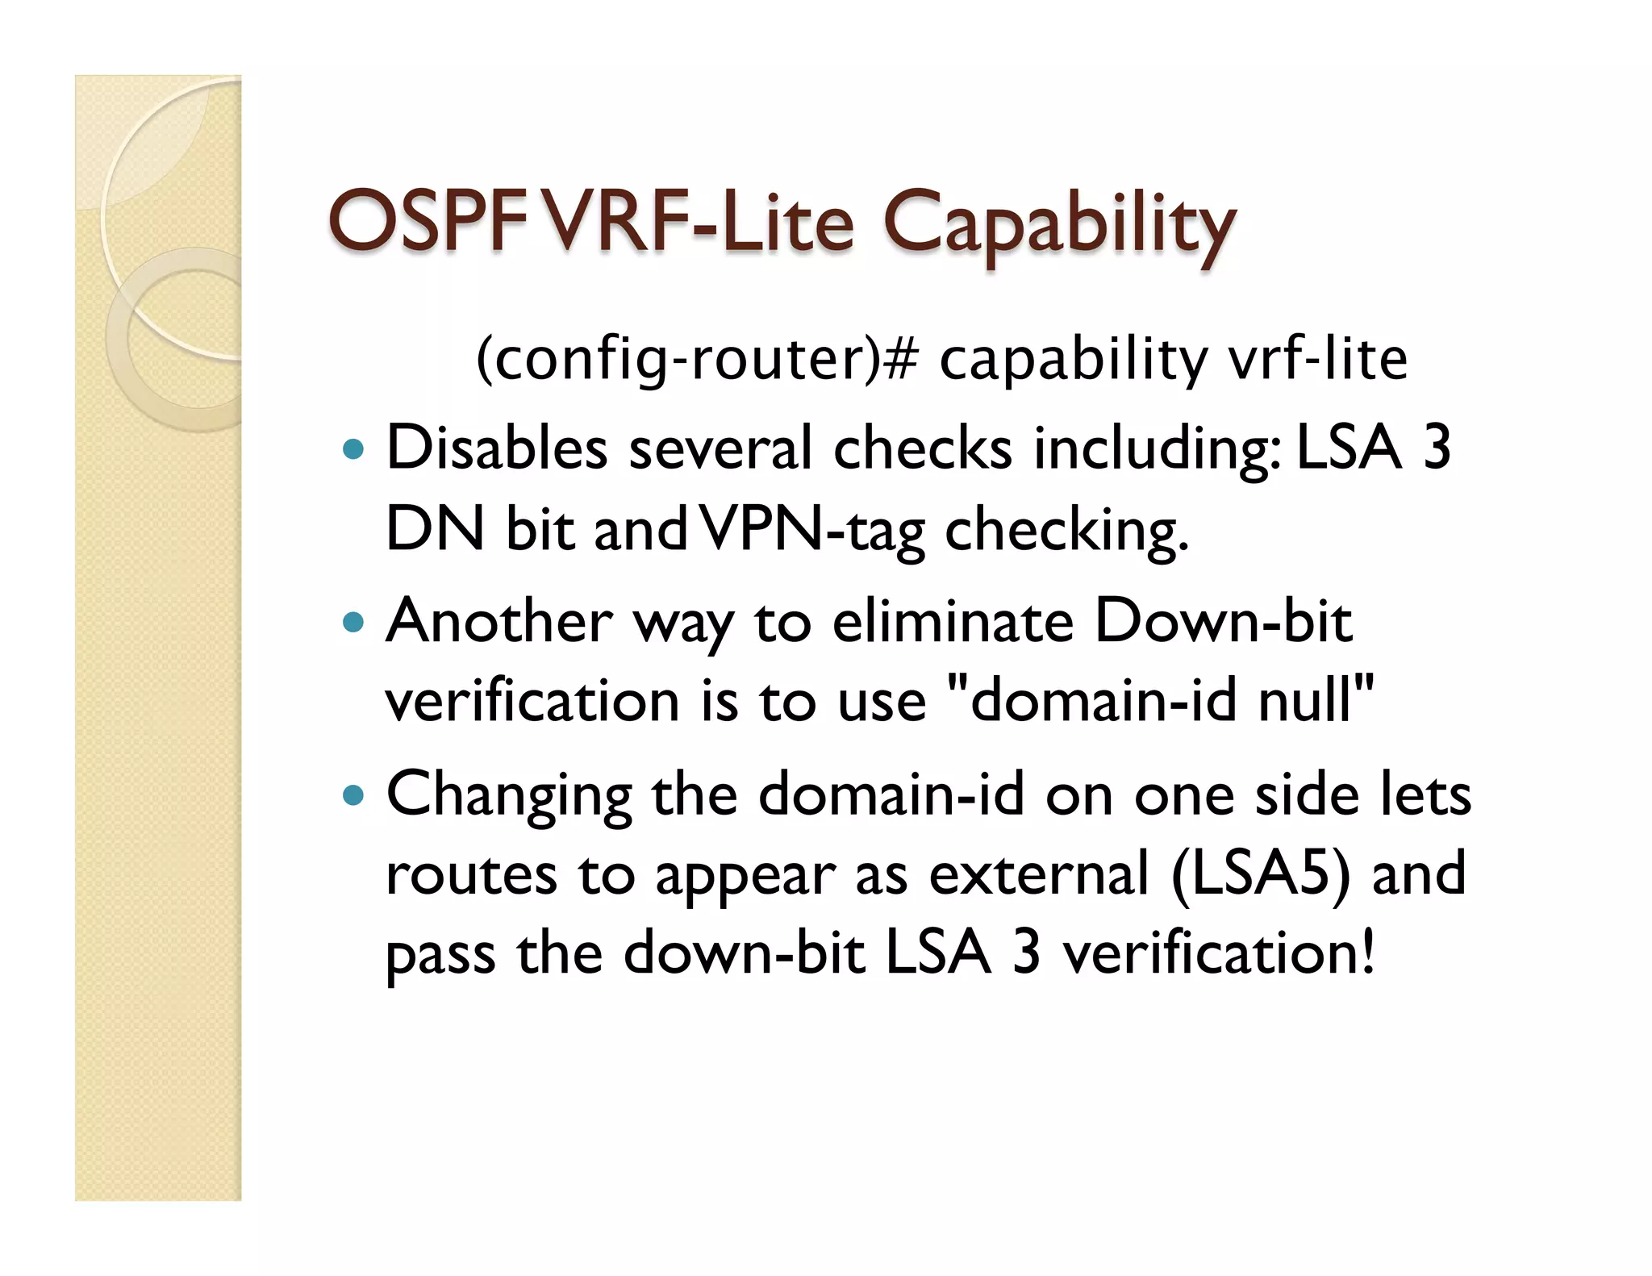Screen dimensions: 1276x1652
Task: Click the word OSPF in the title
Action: coord(425,222)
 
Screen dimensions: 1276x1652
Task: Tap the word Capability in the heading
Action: coord(1058,226)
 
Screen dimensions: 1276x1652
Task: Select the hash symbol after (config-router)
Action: coord(900,360)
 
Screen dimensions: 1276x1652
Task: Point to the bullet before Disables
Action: coord(353,449)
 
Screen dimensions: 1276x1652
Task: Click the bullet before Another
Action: coord(353,623)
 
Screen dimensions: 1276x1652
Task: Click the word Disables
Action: coord(496,448)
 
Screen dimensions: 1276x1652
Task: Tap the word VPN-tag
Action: coord(811,531)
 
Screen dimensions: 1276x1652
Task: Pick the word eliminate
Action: coord(953,623)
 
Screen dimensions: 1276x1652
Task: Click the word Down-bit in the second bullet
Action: coord(1223,623)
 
